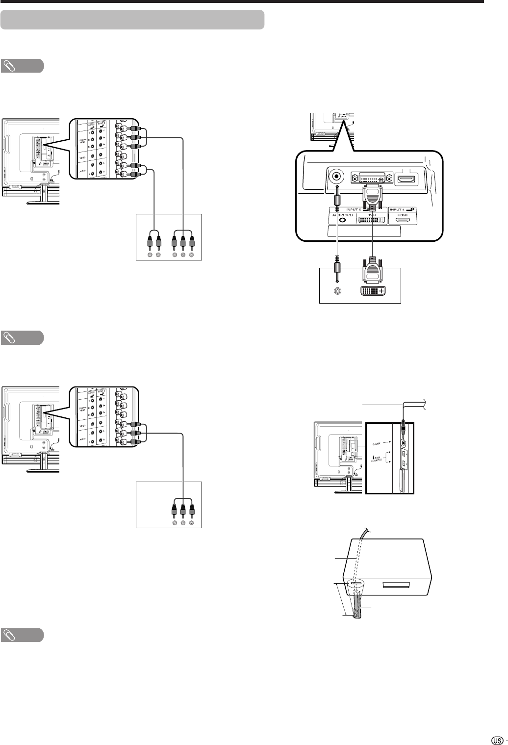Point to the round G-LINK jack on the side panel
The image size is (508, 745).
(x=404, y=442)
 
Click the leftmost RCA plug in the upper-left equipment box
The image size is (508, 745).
(x=150, y=242)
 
